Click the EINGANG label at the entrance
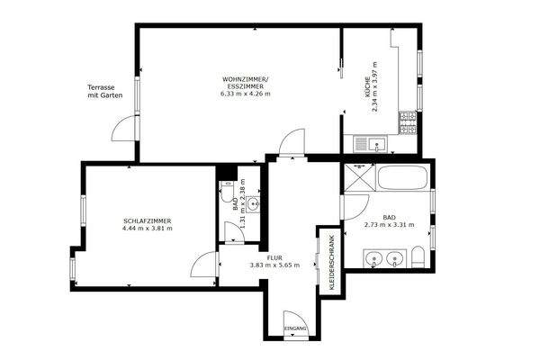[x=295, y=330]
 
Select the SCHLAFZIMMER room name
[x=147, y=220]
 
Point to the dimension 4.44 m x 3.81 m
[x=147, y=229]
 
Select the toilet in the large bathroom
[x=418, y=259]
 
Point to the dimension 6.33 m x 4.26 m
[x=251, y=97]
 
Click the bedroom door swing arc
[x=203, y=265]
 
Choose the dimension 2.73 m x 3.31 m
[x=389, y=226]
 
